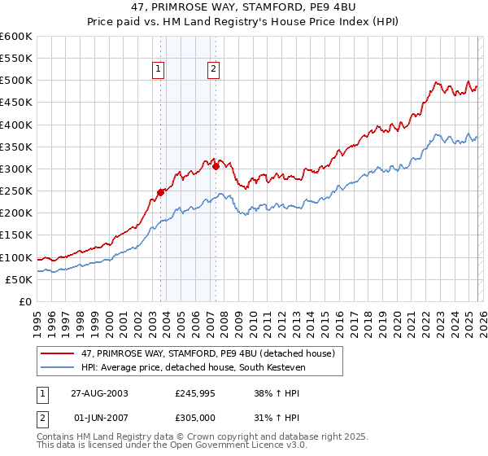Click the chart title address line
click(244, 7)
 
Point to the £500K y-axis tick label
click(16, 81)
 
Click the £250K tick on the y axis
click(16, 191)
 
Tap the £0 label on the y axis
click(26, 301)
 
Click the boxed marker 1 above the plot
click(158, 70)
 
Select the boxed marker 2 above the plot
click(213, 70)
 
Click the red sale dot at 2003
click(161, 192)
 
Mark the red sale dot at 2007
click(216, 166)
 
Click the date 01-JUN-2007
click(99, 418)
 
